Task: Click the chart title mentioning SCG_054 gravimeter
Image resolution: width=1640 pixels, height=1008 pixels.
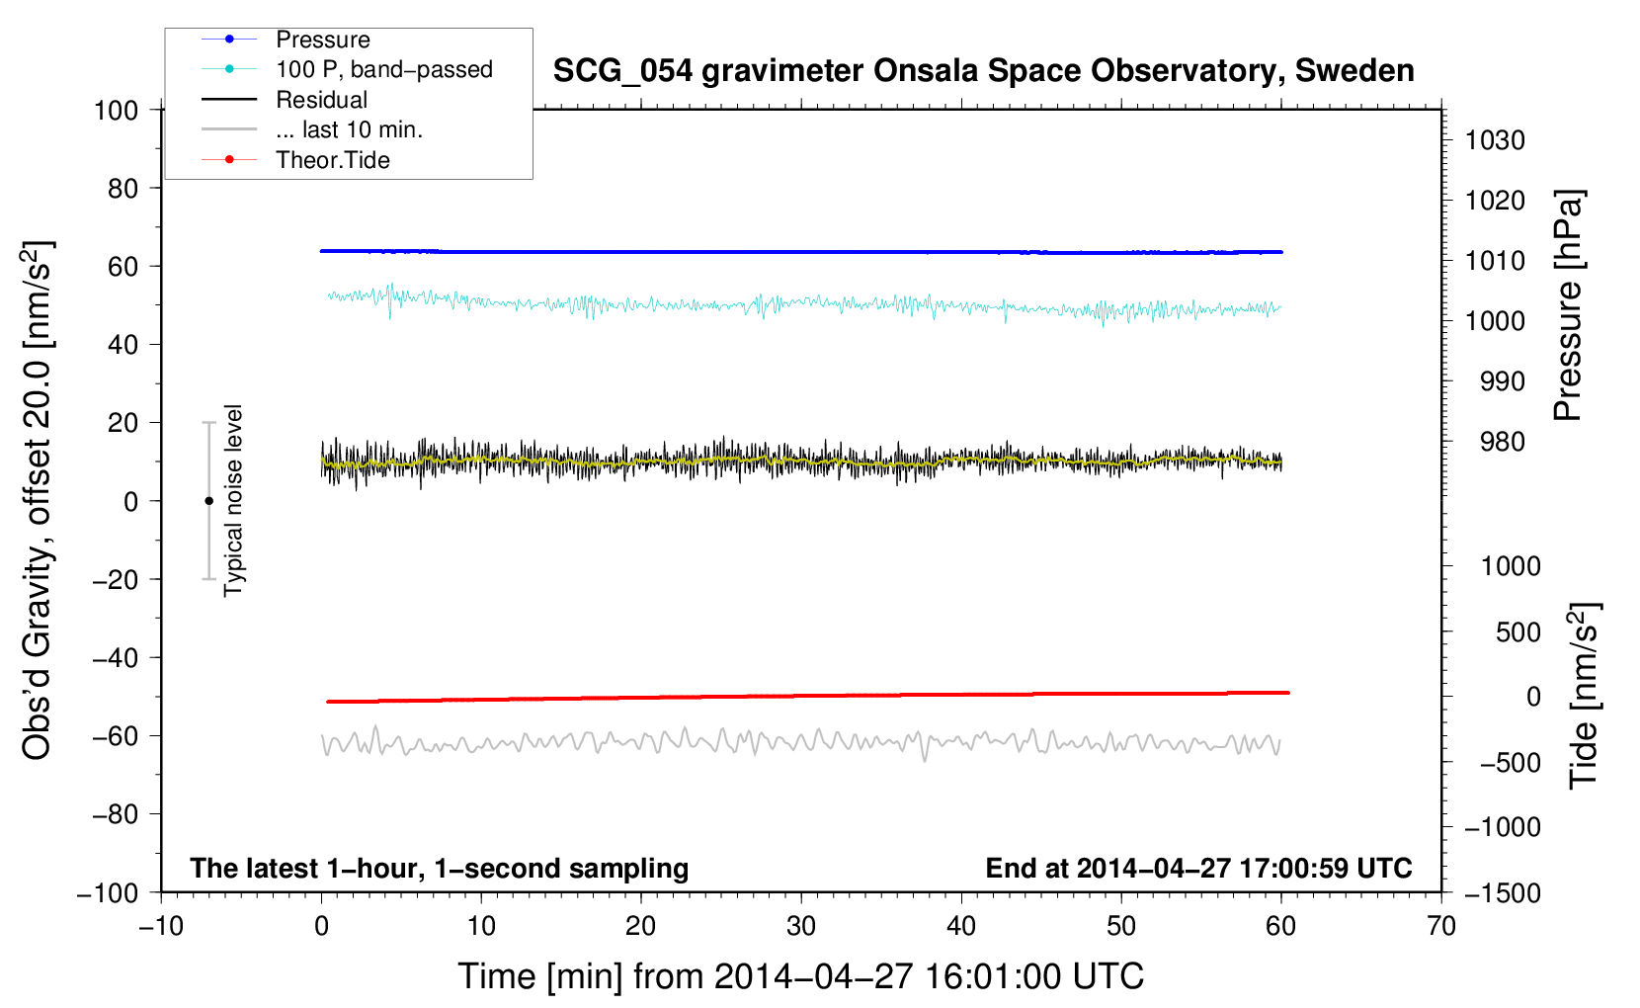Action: (x=983, y=71)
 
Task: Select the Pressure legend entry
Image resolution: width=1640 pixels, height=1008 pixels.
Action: (x=322, y=40)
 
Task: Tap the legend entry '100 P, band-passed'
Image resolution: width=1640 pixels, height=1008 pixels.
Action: (x=383, y=69)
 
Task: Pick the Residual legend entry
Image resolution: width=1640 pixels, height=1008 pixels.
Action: (x=321, y=100)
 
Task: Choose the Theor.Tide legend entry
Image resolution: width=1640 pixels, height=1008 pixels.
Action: (x=332, y=160)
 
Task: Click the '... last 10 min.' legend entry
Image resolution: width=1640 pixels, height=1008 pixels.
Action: (x=349, y=129)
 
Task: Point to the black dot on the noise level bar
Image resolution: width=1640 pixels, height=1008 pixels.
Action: (x=208, y=501)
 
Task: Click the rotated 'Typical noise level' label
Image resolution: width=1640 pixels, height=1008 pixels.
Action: (x=233, y=500)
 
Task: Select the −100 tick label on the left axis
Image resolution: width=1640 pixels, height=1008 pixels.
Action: (x=108, y=892)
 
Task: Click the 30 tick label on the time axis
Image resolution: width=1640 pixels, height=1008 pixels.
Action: (x=801, y=927)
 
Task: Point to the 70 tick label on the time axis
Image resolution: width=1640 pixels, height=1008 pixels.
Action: (x=1441, y=927)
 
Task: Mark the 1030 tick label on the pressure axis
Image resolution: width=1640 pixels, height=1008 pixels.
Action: (x=1495, y=140)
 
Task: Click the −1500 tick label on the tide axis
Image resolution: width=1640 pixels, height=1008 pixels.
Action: (x=1503, y=892)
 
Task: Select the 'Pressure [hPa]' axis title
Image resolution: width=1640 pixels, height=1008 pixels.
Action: (x=1568, y=305)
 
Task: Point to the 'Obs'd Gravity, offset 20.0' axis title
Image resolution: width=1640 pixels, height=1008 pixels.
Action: (x=38, y=500)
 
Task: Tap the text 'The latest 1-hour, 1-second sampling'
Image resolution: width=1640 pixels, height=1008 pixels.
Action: (x=439, y=869)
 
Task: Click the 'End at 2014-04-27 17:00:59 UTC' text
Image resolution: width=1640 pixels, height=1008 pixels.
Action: (x=1198, y=869)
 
